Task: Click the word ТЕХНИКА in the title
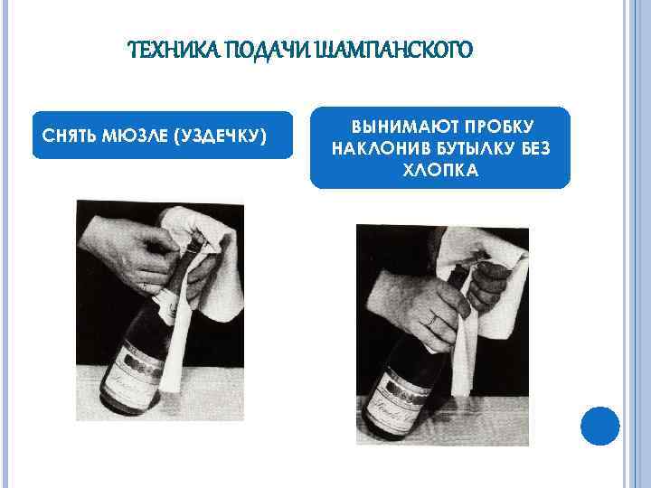[x=175, y=50]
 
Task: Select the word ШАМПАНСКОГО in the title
[x=394, y=50]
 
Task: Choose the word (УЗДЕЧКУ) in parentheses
[x=221, y=136]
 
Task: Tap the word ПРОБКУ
[x=499, y=127]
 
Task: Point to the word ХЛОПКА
[x=441, y=170]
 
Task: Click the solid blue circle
[x=600, y=426]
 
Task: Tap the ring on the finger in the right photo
[x=432, y=320]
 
